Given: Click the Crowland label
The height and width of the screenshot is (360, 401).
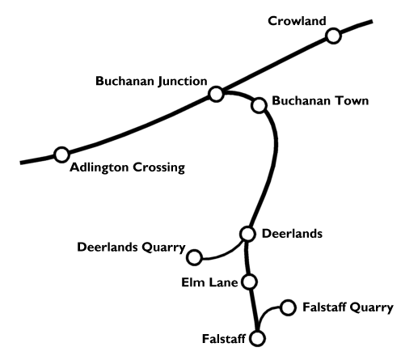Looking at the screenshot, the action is pyautogui.click(x=297, y=21).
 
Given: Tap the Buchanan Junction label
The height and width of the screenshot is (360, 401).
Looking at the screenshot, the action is pyautogui.click(x=151, y=81).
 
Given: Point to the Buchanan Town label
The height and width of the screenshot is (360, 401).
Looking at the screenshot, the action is pyautogui.click(x=320, y=101).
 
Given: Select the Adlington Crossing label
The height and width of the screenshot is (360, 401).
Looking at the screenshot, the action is pyautogui.click(x=128, y=167).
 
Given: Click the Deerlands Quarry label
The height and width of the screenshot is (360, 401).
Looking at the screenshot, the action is pyautogui.click(x=131, y=248).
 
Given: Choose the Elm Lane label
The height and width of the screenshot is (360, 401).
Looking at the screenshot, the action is pyautogui.click(x=209, y=282).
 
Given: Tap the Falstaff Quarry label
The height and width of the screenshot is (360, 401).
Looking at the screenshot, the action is pyautogui.click(x=348, y=307).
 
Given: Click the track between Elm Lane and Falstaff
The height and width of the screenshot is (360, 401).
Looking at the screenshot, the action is pyautogui.click(x=254, y=310).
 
